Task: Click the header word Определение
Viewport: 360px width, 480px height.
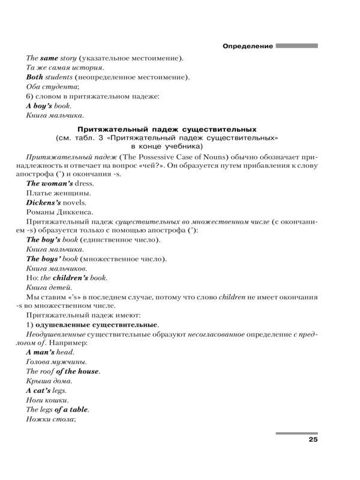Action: tap(247, 46)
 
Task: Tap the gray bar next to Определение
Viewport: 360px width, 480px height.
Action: tap(296, 46)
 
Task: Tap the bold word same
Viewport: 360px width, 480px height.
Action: tap(49, 58)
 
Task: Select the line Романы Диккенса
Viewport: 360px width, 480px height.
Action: tap(59, 212)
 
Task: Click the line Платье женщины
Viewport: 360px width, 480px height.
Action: tap(58, 193)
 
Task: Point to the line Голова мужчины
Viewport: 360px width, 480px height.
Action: tap(57, 362)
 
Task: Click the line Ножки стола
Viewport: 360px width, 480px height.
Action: tap(50, 419)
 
